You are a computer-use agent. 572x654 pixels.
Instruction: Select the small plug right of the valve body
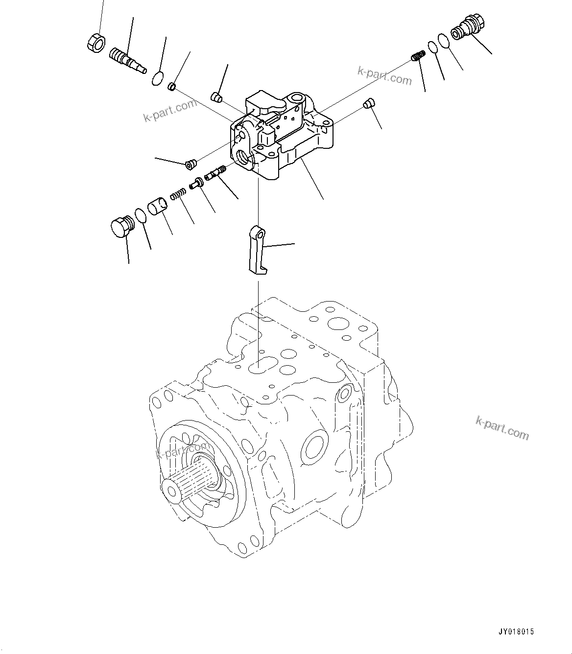click(369, 103)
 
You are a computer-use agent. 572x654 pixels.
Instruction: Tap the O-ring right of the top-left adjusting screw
click(157, 78)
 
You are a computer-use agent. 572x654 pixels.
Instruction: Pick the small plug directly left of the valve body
click(191, 163)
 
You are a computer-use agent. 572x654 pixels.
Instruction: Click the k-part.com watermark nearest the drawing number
click(502, 428)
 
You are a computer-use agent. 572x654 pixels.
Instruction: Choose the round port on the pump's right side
click(313, 446)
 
